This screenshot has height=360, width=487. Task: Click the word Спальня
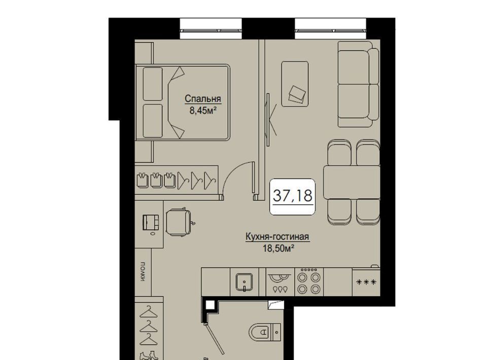(x=203, y=99)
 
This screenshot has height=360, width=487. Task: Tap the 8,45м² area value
(x=203, y=110)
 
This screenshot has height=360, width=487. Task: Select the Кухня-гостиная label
(x=277, y=237)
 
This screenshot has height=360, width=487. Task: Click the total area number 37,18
(x=293, y=196)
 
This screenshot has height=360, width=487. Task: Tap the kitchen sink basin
(x=245, y=282)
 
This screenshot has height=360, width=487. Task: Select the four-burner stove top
(x=309, y=282)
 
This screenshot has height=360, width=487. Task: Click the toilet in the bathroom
(x=265, y=332)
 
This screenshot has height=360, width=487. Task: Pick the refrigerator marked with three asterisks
(x=366, y=282)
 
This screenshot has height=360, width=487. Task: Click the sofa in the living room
(x=359, y=84)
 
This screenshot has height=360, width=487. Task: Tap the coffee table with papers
(x=295, y=84)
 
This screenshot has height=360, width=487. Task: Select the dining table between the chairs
(x=352, y=182)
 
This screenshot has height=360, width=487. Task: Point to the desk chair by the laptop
(x=179, y=222)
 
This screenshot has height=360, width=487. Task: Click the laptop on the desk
(x=151, y=222)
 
